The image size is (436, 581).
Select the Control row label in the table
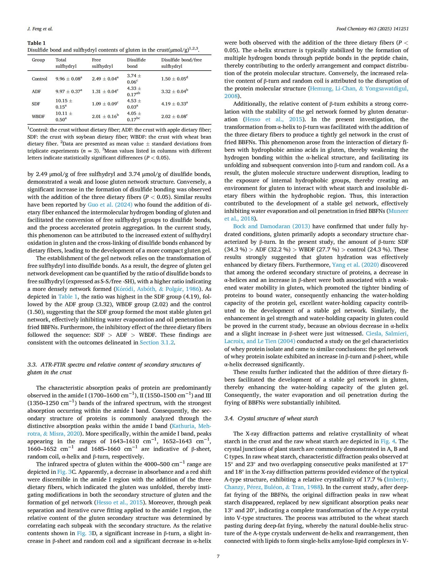40,79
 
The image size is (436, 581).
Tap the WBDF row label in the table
38,116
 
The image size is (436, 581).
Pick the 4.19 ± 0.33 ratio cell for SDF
175,104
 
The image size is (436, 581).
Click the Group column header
38,60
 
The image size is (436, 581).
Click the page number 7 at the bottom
218,556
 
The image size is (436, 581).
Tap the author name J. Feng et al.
40,29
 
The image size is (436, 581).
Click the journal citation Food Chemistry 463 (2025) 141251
372,29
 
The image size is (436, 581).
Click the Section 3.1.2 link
157,343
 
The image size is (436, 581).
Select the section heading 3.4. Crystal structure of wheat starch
271,418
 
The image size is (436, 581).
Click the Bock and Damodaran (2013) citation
272,226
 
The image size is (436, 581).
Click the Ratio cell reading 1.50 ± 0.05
175,79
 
